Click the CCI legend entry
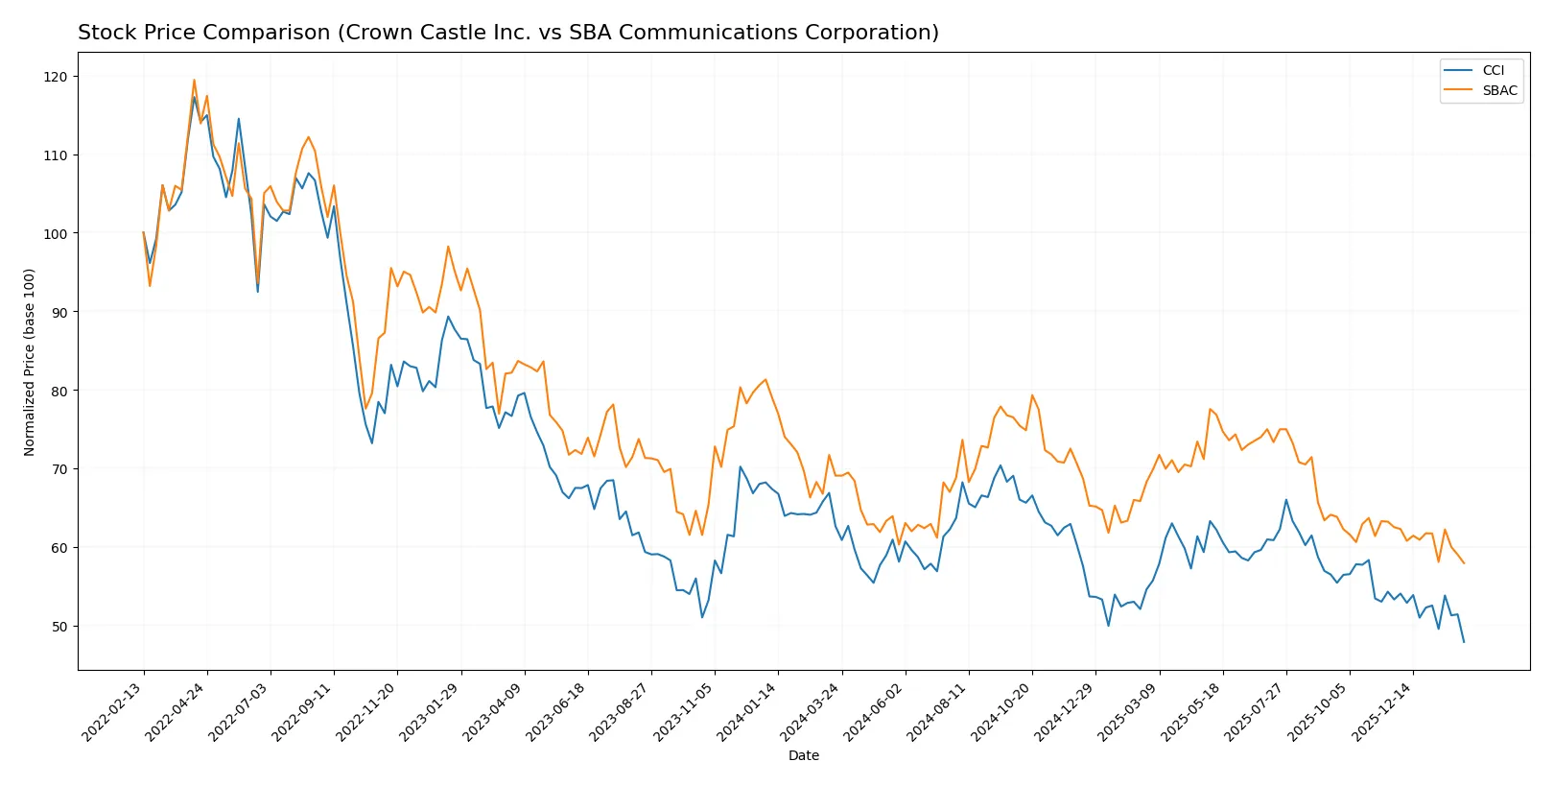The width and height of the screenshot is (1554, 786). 1493,70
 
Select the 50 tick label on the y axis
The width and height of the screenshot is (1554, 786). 59,627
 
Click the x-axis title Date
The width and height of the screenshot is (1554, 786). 803,755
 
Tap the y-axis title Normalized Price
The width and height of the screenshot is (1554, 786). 30,362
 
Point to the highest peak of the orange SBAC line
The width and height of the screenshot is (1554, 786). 194,80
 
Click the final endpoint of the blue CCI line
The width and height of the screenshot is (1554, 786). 1464,642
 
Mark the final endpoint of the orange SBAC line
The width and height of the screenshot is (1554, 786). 1464,563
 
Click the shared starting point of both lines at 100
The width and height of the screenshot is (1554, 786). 144,232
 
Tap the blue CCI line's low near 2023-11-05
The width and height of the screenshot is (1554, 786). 702,617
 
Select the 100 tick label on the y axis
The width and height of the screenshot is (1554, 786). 56,233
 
